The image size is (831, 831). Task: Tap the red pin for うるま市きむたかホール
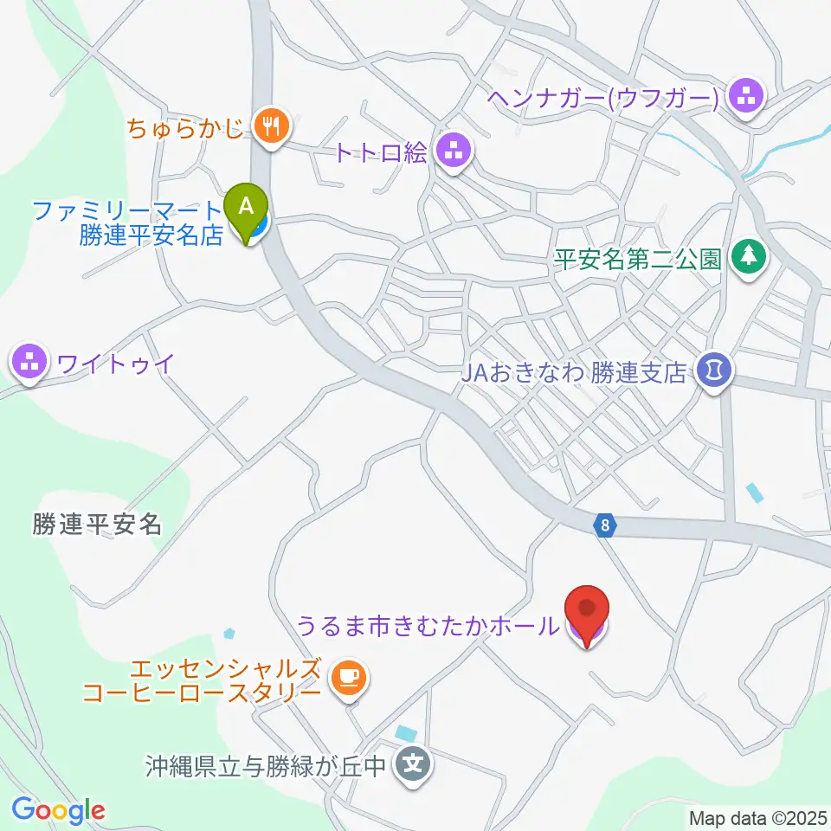tap(588, 612)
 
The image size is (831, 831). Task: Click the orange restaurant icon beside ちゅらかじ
tap(271, 127)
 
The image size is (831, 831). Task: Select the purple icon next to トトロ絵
tap(453, 153)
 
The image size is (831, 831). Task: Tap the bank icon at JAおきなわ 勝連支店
tap(716, 372)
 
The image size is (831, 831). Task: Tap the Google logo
tap(58, 810)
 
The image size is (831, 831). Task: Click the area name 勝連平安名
tap(98, 524)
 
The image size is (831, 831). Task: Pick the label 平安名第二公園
tap(638, 258)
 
